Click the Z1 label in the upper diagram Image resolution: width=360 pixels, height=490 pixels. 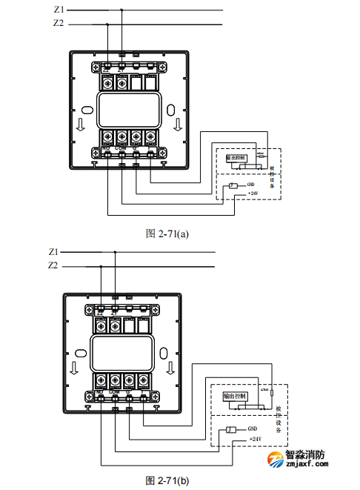point(59,10)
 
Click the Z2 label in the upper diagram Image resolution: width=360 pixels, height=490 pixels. point(59,24)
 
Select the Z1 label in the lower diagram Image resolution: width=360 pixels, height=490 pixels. point(53,251)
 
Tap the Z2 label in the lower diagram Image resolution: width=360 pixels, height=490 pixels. point(53,265)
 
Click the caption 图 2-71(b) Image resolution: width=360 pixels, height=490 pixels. point(167,480)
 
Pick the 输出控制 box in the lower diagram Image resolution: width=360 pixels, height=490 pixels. point(235,398)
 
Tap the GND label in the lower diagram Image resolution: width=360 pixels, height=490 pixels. point(253,429)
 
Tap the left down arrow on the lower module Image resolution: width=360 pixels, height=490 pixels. point(73,368)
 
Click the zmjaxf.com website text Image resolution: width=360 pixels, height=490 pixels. point(308,466)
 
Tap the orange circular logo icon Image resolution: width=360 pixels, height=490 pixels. point(276,460)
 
